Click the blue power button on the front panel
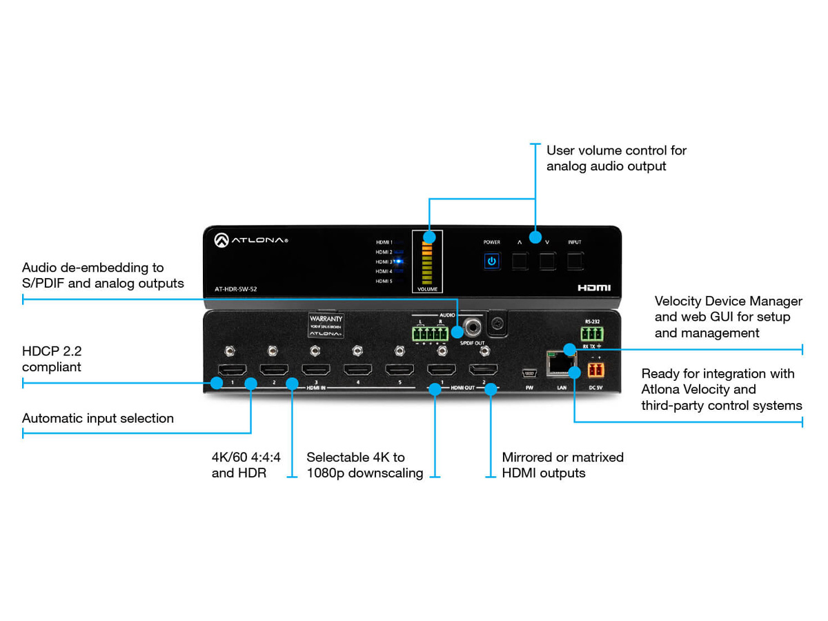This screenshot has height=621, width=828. coord(491,262)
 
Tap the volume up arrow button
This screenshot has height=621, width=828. coord(520,261)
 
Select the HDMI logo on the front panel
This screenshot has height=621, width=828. coord(594,288)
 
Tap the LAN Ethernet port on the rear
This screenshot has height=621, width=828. coord(562,363)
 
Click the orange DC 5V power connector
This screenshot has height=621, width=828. coord(595,369)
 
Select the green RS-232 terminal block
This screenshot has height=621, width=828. coord(592,335)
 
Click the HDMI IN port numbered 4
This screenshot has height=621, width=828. coord(358,370)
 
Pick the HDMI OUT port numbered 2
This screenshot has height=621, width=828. coord(484,370)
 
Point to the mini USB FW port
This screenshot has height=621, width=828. coord(529,373)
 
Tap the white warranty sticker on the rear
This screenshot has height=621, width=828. coord(326,326)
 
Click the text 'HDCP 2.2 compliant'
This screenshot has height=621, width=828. coord(52,359)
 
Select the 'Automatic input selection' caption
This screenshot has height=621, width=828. coord(98,418)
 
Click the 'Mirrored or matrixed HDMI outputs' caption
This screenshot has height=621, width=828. coord(562,465)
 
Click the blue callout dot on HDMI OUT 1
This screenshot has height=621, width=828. coord(435,389)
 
